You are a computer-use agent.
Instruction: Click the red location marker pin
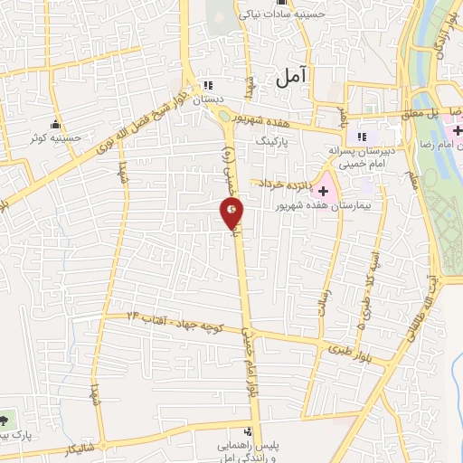(x=232, y=213)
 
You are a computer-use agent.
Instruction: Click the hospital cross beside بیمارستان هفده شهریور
(x=323, y=192)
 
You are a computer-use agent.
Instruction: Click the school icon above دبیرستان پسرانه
(x=363, y=137)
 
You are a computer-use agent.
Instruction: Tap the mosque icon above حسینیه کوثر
(x=57, y=125)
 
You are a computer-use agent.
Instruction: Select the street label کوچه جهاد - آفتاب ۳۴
(x=168, y=317)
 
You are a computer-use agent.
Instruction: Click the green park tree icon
(x=6, y=420)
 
